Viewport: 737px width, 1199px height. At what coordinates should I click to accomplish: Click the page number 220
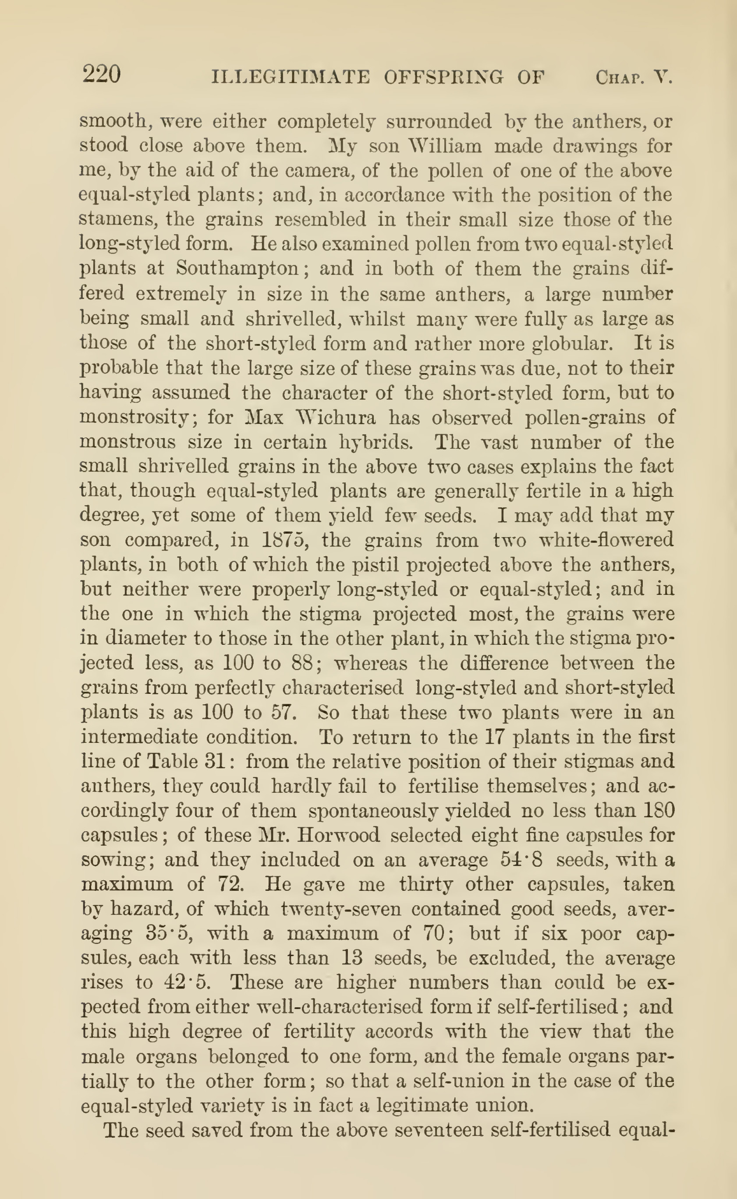[101, 75]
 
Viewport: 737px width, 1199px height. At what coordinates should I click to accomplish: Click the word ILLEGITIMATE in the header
[291, 78]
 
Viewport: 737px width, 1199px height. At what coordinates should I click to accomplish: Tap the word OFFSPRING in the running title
[443, 78]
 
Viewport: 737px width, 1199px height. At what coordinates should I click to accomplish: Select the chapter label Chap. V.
[634, 78]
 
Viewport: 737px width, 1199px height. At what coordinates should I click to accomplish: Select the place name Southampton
[237, 268]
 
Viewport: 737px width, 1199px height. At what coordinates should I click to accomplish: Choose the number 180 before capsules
[659, 810]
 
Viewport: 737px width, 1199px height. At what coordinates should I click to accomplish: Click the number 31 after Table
[213, 761]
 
